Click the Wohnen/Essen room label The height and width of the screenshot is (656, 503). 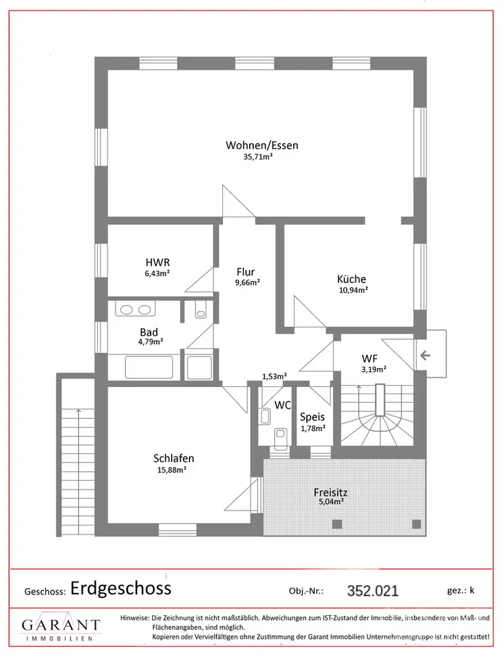pos(262,145)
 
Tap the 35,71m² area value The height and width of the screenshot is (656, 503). pos(258,157)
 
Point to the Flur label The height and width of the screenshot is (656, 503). pos(245,272)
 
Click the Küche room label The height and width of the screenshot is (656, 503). pos(352,279)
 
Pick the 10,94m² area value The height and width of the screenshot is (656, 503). pos(352,289)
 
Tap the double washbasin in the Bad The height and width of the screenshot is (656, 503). pos(136,310)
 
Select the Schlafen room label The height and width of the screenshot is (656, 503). pos(174,459)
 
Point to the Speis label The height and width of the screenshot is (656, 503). pos(312,417)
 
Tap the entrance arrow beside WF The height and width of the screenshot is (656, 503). pos(425,356)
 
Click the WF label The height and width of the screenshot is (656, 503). pos(370,358)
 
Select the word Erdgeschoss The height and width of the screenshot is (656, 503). pos(121,588)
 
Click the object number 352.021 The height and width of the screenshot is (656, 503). pos(372,590)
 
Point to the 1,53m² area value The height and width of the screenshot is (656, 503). pos(274,377)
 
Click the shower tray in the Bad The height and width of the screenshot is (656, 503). pos(199,367)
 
